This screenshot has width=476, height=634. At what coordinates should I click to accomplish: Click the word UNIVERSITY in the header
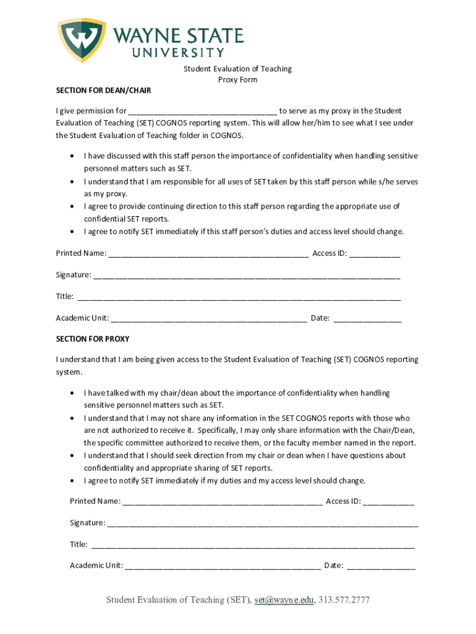click(179, 53)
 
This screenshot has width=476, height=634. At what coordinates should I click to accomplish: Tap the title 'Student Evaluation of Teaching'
click(237, 69)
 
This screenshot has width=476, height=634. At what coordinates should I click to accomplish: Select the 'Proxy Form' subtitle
click(237, 80)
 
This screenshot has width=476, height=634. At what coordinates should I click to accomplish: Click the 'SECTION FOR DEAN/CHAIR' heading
click(103, 90)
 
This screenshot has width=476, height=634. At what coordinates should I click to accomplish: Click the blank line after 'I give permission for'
click(203, 112)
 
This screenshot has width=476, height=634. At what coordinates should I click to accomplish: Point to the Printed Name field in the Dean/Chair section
click(208, 254)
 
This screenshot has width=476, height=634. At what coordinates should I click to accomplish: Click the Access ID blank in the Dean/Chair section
click(375, 254)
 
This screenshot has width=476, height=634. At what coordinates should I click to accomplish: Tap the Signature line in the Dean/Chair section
click(247, 276)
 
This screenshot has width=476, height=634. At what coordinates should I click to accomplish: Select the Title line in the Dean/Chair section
click(238, 297)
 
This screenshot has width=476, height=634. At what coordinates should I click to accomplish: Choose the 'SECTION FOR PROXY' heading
click(93, 339)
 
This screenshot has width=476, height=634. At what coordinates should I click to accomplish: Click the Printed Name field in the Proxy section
click(222, 502)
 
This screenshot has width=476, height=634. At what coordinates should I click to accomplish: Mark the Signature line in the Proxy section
click(263, 524)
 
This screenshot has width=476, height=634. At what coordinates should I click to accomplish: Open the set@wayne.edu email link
click(284, 600)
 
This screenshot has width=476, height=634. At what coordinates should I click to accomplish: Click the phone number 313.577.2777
click(344, 600)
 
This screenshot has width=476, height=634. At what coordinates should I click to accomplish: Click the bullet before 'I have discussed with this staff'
click(74, 157)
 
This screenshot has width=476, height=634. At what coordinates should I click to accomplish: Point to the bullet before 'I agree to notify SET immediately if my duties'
click(74, 481)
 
